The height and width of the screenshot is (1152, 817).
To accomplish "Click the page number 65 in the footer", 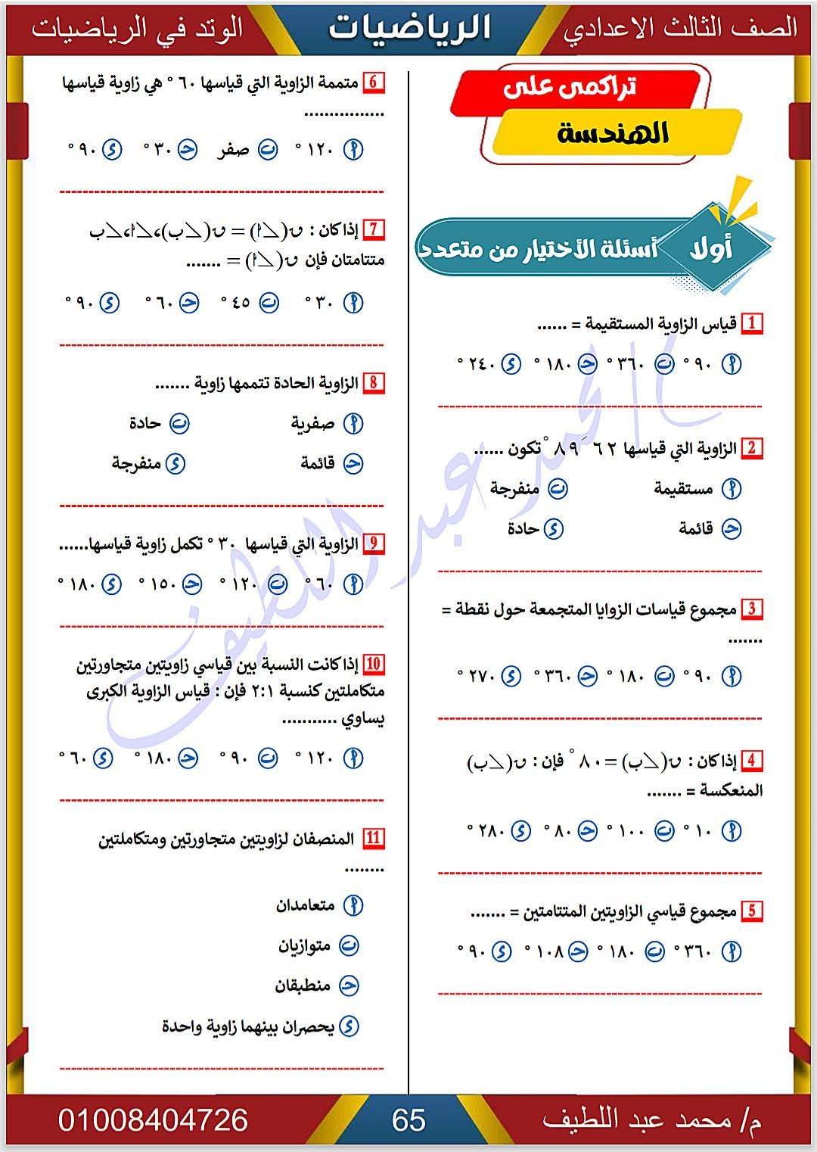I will pyautogui.click(x=408, y=1120).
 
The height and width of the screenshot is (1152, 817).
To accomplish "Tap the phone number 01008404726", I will pyautogui.click(x=153, y=1120).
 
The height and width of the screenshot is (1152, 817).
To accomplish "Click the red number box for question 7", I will pyautogui.click(x=374, y=228).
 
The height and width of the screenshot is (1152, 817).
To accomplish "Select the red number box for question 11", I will pyautogui.click(x=374, y=839).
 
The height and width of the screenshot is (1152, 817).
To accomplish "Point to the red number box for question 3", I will pyautogui.click(x=751, y=609).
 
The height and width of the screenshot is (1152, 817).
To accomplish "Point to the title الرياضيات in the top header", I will pyautogui.click(x=409, y=28).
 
